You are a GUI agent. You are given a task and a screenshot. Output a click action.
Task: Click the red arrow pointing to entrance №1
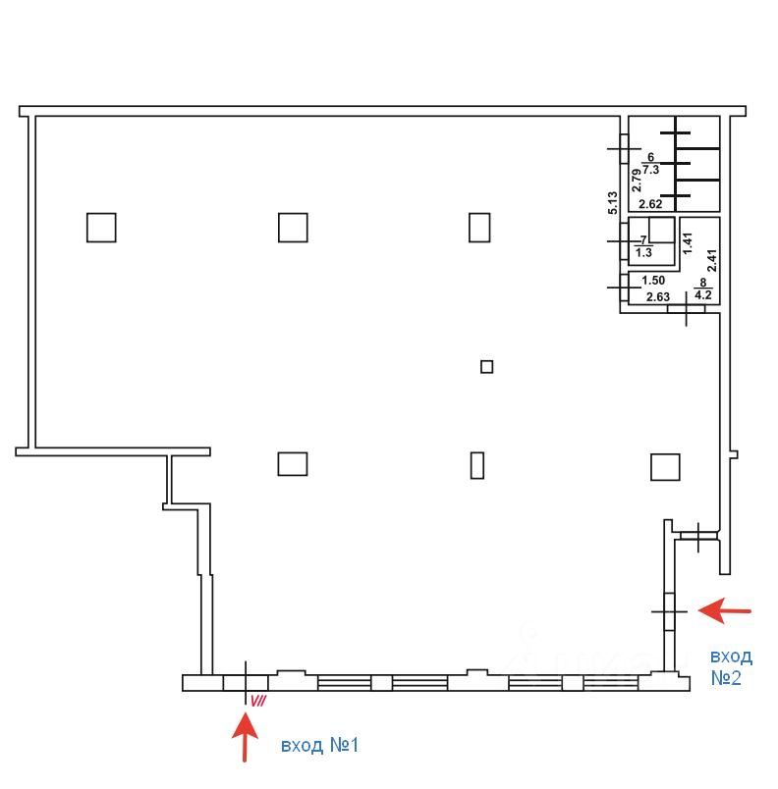pyautogui.click(x=245, y=736)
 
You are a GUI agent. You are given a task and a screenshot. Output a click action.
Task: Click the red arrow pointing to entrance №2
pyautogui.click(x=724, y=610)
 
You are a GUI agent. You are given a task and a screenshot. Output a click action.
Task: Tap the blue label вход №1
pyautogui.click(x=319, y=745)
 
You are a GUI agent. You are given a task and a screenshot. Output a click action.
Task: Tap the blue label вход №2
pyautogui.click(x=731, y=667)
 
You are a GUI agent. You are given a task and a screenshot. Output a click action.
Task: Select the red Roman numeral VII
pyautogui.click(x=257, y=701)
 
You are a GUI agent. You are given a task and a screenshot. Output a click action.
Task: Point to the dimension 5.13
pyautogui.click(x=612, y=203)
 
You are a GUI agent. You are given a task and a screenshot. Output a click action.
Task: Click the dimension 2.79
pyautogui.click(x=637, y=181)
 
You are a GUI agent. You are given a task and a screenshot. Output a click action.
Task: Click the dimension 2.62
pyautogui.click(x=650, y=204)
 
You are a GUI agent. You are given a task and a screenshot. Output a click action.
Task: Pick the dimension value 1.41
pyautogui.click(x=688, y=242)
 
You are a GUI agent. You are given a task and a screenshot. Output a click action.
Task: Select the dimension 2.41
pyautogui.click(x=711, y=261)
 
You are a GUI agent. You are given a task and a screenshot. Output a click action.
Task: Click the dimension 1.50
pyautogui.click(x=653, y=280)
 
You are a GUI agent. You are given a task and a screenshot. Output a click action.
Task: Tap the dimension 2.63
pyautogui.click(x=657, y=297)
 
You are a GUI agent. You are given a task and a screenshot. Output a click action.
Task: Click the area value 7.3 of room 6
pyautogui.click(x=650, y=170)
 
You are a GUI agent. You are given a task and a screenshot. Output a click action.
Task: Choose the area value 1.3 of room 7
pyautogui.click(x=643, y=252)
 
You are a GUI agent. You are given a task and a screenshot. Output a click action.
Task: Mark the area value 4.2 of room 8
pyautogui.click(x=703, y=294)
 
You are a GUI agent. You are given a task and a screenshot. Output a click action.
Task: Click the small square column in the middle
pyautogui.click(x=486, y=367)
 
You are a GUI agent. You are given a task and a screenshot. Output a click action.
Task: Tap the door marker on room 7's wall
pyautogui.click(x=624, y=241)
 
